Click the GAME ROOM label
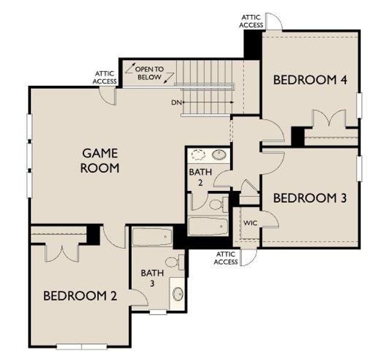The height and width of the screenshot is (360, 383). [x=100, y=160]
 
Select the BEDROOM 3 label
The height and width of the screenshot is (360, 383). [x=309, y=197]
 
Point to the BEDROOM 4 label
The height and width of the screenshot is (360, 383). [x=303, y=79]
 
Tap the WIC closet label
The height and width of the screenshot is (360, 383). [x=250, y=223]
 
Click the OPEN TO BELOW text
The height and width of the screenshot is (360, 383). [x=149, y=73]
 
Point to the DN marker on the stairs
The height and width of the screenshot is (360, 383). [x=176, y=103]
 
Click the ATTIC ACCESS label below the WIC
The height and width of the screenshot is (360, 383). [x=226, y=258]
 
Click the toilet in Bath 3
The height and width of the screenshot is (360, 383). [x=174, y=262]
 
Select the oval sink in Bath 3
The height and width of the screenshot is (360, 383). [x=178, y=294]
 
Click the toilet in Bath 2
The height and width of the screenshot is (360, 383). [x=217, y=204]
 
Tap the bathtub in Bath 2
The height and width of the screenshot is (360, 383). [x=208, y=227]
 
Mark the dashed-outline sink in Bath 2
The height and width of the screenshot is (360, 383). [x=198, y=155]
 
